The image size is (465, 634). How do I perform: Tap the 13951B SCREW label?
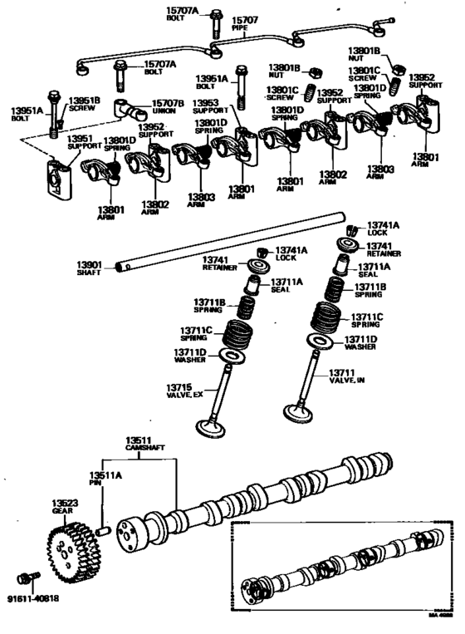point(83,104)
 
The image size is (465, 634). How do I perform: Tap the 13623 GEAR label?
point(66,508)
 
